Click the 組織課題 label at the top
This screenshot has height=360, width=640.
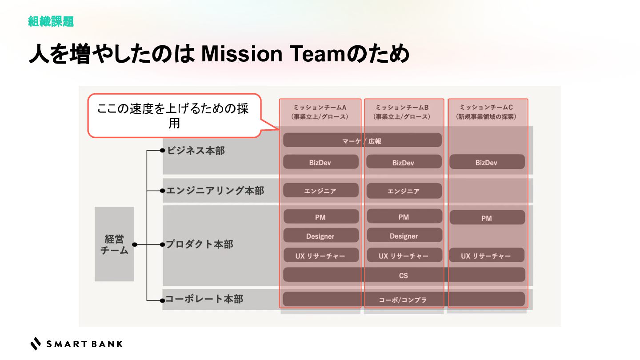[51, 21]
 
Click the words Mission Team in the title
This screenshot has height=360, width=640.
[242, 54]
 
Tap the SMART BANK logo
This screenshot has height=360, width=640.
[76, 344]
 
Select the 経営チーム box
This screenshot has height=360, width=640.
[114, 244]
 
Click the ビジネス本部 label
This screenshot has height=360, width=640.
[196, 151]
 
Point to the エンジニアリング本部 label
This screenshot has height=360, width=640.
[215, 191]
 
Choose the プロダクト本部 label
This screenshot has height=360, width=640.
[199, 244]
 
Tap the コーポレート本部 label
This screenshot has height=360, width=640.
[204, 299]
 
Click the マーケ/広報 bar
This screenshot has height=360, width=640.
[362, 140]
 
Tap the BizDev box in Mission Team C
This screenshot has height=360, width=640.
[487, 162]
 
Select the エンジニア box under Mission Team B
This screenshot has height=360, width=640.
[404, 191]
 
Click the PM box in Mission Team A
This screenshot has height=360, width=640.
[320, 217]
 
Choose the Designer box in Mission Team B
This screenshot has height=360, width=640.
[404, 236]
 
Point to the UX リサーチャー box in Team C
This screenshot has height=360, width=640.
[487, 256]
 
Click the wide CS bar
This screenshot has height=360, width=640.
[404, 275]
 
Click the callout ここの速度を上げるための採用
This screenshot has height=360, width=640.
[173, 116]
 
